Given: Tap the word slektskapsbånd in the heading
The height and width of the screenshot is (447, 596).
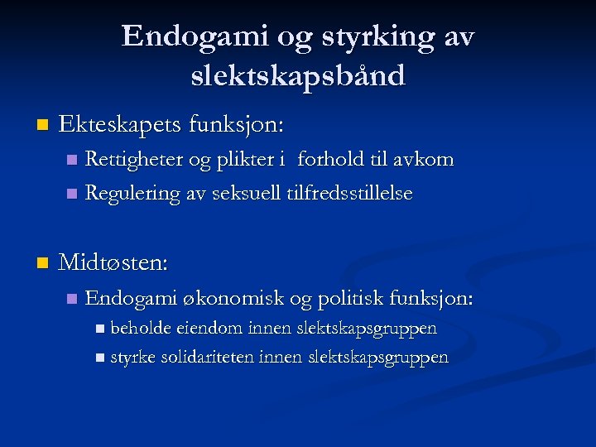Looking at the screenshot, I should click(x=298, y=75).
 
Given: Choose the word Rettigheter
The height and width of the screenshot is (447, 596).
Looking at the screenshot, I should click(x=136, y=159).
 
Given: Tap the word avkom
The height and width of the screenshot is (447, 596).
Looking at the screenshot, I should click(x=424, y=159).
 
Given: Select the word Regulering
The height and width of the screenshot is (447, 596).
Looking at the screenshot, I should click(x=132, y=194).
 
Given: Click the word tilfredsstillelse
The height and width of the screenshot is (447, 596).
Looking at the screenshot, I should click(x=349, y=194).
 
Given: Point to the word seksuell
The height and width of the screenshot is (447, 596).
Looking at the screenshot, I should click(x=246, y=194).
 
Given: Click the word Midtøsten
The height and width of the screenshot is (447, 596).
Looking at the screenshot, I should click(x=112, y=263).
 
